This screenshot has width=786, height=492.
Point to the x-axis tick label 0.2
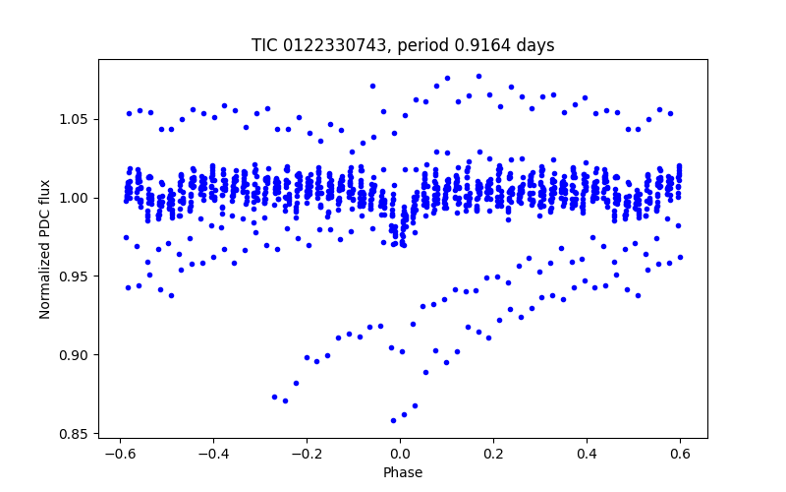(493, 455)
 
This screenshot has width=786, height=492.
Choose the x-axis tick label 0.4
(587, 455)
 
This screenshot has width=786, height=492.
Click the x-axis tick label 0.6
(680, 455)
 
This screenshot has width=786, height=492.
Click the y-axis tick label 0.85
(77, 434)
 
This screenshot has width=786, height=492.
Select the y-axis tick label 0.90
(77, 355)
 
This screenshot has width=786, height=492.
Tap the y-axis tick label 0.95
(77, 277)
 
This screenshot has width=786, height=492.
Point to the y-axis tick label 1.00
(77, 198)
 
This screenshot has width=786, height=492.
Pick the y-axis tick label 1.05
(77, 119)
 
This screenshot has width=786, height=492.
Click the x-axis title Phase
(403, 473)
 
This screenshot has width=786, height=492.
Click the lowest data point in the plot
(393, 420)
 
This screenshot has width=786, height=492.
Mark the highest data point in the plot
(478, 76)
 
